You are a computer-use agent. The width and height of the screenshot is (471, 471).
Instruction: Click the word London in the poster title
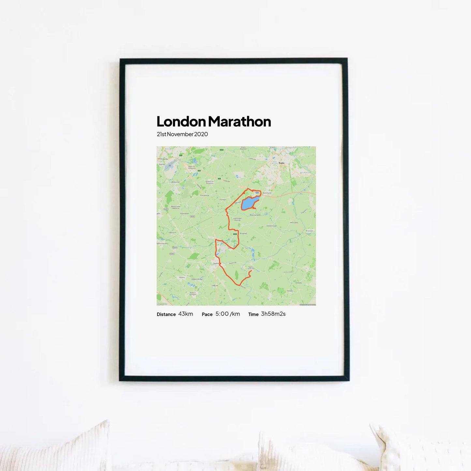coord(181,122)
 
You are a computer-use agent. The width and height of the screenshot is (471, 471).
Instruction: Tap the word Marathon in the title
coord(240,122)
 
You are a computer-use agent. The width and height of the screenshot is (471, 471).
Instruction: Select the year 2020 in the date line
coord(201,134)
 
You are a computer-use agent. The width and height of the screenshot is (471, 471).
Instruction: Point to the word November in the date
coord(180,134)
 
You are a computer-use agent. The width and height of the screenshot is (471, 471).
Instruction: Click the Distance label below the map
coord(166,315)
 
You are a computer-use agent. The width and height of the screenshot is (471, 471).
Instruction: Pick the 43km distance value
coord(185,314)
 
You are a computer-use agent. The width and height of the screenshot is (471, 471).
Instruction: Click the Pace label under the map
coord(207,315)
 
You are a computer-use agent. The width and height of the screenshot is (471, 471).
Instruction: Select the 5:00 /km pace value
coord(228,314)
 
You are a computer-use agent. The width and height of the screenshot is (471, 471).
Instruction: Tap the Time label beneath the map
coord(253,315)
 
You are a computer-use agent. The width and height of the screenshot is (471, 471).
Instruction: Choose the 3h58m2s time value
coord(273,314)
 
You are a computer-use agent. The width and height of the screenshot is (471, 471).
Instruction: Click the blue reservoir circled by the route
coord(250,203)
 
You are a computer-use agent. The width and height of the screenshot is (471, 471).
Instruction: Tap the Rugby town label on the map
coord(282,163)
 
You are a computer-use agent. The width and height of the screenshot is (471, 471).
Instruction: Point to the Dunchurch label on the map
coord(267,193)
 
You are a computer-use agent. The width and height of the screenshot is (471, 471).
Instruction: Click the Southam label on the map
coord(216,263)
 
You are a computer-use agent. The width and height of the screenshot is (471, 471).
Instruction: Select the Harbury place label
coord(182,277)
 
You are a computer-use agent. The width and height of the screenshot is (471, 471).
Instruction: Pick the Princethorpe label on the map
coord(205,195)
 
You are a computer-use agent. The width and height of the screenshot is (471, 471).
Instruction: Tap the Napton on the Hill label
coord(250,268)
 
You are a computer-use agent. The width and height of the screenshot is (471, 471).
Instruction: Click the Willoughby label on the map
coord(294,223)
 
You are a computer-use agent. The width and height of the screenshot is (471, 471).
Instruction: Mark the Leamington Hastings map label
coord(238,219)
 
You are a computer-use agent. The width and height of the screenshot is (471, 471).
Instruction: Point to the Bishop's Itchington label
coord(193,294)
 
